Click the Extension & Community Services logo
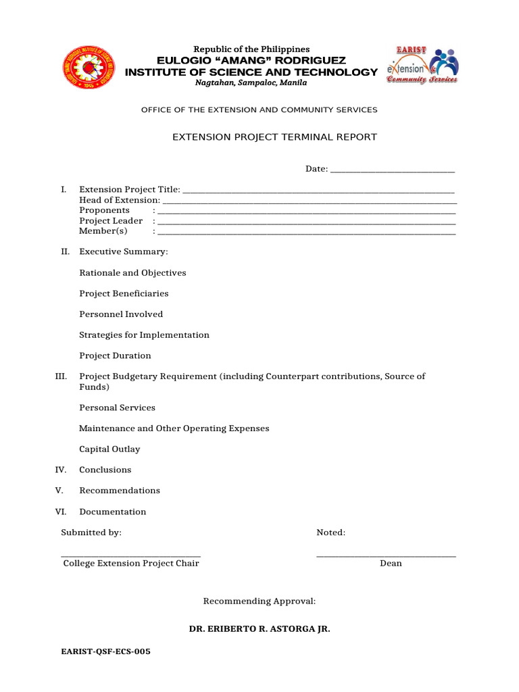tap(422, 66)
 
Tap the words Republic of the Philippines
tap(251, 49)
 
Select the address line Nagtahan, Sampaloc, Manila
tap(251, 82)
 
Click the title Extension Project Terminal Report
tap(274, 137)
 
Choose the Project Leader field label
tap(111, 221)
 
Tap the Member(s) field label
tap(103, 231)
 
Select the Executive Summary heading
tap(123, 251)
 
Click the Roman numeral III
tap(61, 376)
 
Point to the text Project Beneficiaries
tap(124, 293)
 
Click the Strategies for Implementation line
tap(144, 335)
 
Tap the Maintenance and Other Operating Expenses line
tap(174, 428)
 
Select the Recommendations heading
tap(120, 491)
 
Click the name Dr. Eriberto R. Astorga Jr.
tap(259, 629)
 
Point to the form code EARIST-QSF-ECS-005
tap(105, 652)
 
